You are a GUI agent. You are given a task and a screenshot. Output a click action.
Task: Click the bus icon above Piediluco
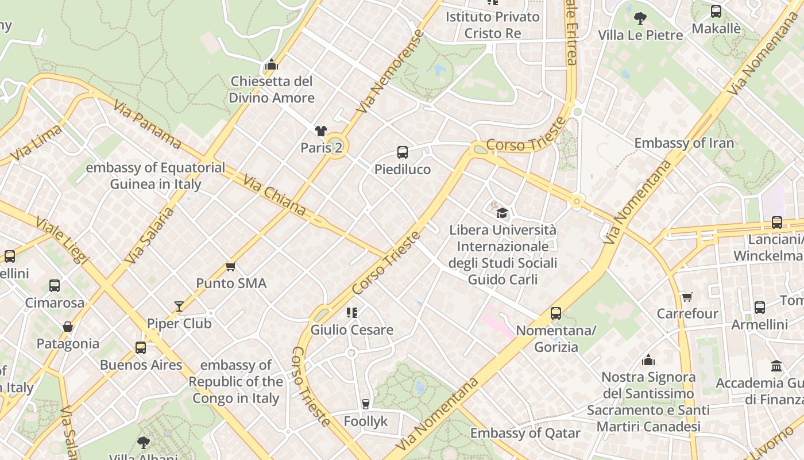tap(403, 152)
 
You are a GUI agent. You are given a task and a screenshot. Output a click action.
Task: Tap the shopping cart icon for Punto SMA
tap(231, 266)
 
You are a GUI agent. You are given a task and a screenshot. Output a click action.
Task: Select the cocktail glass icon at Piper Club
tap(179, 306)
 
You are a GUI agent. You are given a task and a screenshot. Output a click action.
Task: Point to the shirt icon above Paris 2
tap(320, 131)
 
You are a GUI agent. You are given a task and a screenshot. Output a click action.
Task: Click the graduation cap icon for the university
tap(502, 213)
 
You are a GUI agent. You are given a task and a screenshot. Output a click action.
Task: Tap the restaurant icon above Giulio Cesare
tap(352, 313)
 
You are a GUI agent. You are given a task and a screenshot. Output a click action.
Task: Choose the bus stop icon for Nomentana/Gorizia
tap(556, 313)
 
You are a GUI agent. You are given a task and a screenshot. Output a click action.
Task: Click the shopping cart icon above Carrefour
tap(687, 297)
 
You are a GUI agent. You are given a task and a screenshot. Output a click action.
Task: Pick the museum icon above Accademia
tap(776, 366)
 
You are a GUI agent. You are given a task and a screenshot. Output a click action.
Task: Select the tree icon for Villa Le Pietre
tap(640, 18)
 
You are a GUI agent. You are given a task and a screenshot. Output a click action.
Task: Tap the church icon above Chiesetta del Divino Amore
tap(272, 64)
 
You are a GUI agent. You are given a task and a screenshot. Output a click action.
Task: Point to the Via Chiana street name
tap(275, 195)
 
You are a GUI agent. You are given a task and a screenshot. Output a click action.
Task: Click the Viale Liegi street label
tap(61, 240)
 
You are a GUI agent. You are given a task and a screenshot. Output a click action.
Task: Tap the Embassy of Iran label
tap(684, 143)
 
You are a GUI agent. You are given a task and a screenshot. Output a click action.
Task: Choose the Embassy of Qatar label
tap(525, 433)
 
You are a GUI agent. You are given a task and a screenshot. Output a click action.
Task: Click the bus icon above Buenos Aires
tap(141, 348)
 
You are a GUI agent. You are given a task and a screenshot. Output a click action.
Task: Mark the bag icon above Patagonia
tap(68, 327)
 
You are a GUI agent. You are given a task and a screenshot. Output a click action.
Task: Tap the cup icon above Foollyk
tap(366, 404)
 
